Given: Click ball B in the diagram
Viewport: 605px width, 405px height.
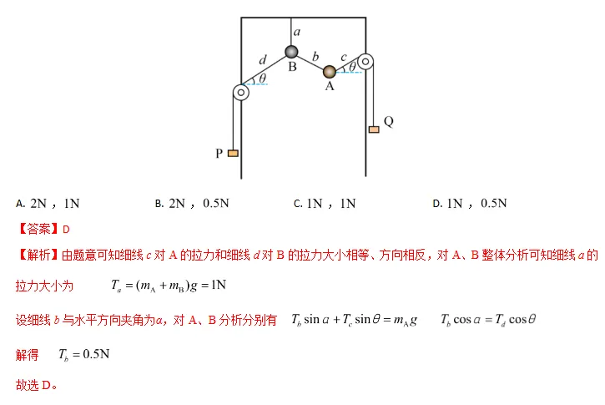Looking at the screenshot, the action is [x=292, y=53].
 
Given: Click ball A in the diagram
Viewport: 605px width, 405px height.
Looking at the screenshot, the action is [x=330, y=72].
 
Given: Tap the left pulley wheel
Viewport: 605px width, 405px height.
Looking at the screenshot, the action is [x=240, y=92].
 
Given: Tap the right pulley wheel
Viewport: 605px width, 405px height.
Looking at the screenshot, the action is [x=366, y=62].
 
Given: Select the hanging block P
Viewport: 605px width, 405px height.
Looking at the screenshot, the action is [x=232, y=153].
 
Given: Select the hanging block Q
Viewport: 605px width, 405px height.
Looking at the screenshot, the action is [x=373, y=129].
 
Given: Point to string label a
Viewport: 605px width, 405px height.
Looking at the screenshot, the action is [x=296, y=32].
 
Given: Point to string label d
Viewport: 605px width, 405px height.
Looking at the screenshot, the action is [x=263, y=60].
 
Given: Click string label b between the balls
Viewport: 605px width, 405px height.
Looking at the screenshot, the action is [x=315, y=56].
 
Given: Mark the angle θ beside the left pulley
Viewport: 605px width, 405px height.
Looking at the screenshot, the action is [x=262, y=78].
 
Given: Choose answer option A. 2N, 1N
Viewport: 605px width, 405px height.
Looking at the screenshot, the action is [x=48, y=203].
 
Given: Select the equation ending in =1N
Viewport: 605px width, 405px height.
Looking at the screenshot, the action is [x=169, y=286].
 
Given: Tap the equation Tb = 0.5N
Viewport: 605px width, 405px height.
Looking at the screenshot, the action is [x=83, y=354].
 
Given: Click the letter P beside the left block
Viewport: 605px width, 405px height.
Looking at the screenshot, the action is [x=219, y=154].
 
